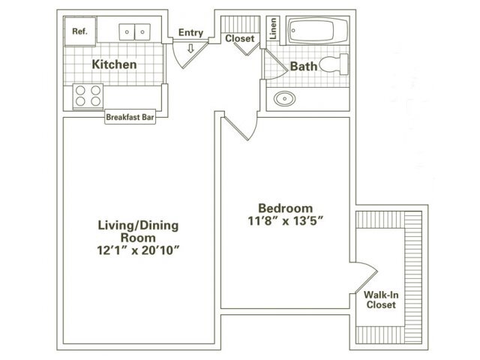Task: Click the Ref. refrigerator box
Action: click(x=79, y=31)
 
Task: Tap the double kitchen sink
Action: click(x=135, y=31)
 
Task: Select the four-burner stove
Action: click(x=87, y=95)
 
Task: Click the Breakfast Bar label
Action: click(x=130, y=117)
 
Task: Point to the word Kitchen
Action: click(x=114, y=64)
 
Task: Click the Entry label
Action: click(x=190, y=31)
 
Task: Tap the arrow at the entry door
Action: click(x=190, y=49)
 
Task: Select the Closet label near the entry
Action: click(x=240, y=37)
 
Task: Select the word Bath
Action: click(x=304, y=66)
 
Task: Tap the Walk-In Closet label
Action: click(x=380, y=300)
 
